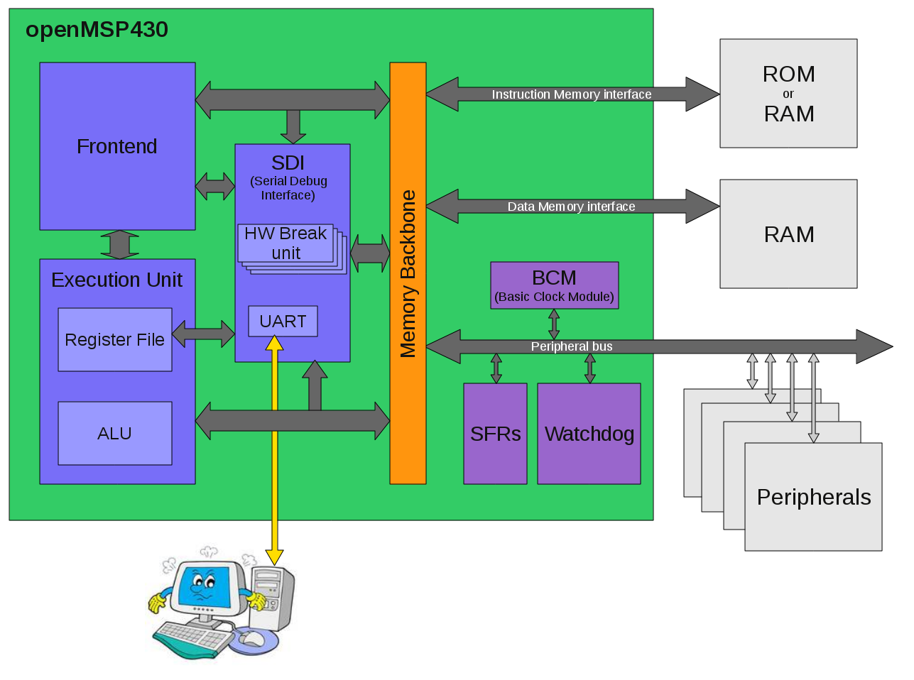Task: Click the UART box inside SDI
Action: [283, 322]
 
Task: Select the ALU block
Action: [115, 433]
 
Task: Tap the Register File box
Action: [115, 339]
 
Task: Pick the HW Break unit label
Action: [285, 243]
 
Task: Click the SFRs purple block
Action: [495, 434]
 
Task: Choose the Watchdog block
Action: [589, 434]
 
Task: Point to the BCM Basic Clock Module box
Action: [554, 285]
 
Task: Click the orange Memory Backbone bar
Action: [408, 273]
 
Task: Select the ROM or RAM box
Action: [788, 93]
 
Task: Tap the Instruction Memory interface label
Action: [572, 94]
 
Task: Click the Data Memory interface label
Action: [572, 207]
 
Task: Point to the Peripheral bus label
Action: [572, 346]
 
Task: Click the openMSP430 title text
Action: [97, 30]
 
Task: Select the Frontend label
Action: [117, 146]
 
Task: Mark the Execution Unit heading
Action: [117, 280]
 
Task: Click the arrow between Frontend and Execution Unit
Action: [119, 244]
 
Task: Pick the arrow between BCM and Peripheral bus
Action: [554, 324]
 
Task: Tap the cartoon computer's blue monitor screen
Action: [205, 586]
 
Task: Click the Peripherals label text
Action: [814, 497]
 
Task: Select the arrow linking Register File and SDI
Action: [203, 334]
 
